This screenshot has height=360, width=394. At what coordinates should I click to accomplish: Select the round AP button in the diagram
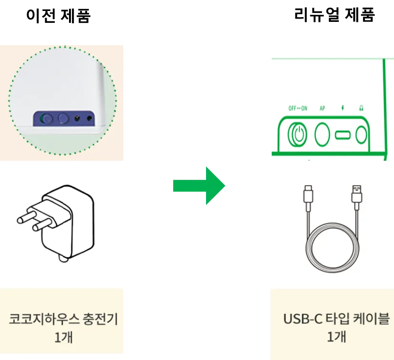[x=323, y=135]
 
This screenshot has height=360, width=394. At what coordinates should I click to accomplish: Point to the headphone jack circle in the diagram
[x=362, y=135]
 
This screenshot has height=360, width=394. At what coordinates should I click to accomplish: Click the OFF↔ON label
[x=298, y=108]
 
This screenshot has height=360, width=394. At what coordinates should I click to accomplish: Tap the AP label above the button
[x=322, y=108]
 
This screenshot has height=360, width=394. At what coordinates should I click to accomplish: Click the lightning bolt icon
[x=342, y=108]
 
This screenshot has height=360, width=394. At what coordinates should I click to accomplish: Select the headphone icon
[x=361, y=108]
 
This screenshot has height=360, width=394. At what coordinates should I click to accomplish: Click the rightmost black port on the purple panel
[x=89, y=118]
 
